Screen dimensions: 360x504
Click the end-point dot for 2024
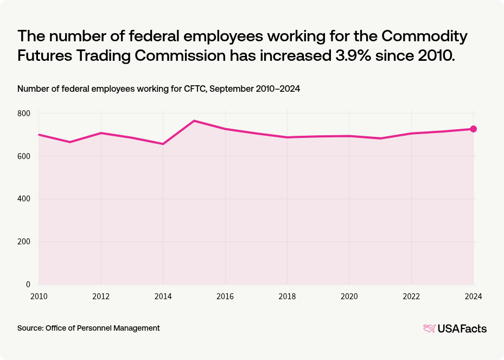(473, 129)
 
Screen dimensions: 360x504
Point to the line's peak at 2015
(194, 121)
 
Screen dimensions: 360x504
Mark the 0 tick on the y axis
(28, 285)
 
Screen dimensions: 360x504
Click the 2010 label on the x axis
(39, 296)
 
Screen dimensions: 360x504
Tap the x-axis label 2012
(101, 296)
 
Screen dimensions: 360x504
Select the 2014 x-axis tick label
(163, 296)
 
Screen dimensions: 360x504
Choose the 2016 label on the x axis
(225, 296)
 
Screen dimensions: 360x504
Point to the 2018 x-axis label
(287, 296)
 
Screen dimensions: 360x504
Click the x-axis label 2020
(349, 296)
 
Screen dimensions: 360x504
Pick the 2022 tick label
(411, 296)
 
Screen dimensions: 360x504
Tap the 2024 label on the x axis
(473, 296)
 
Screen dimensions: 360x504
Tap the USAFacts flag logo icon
(430, 329)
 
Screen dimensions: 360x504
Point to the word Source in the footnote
(30, 328)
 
